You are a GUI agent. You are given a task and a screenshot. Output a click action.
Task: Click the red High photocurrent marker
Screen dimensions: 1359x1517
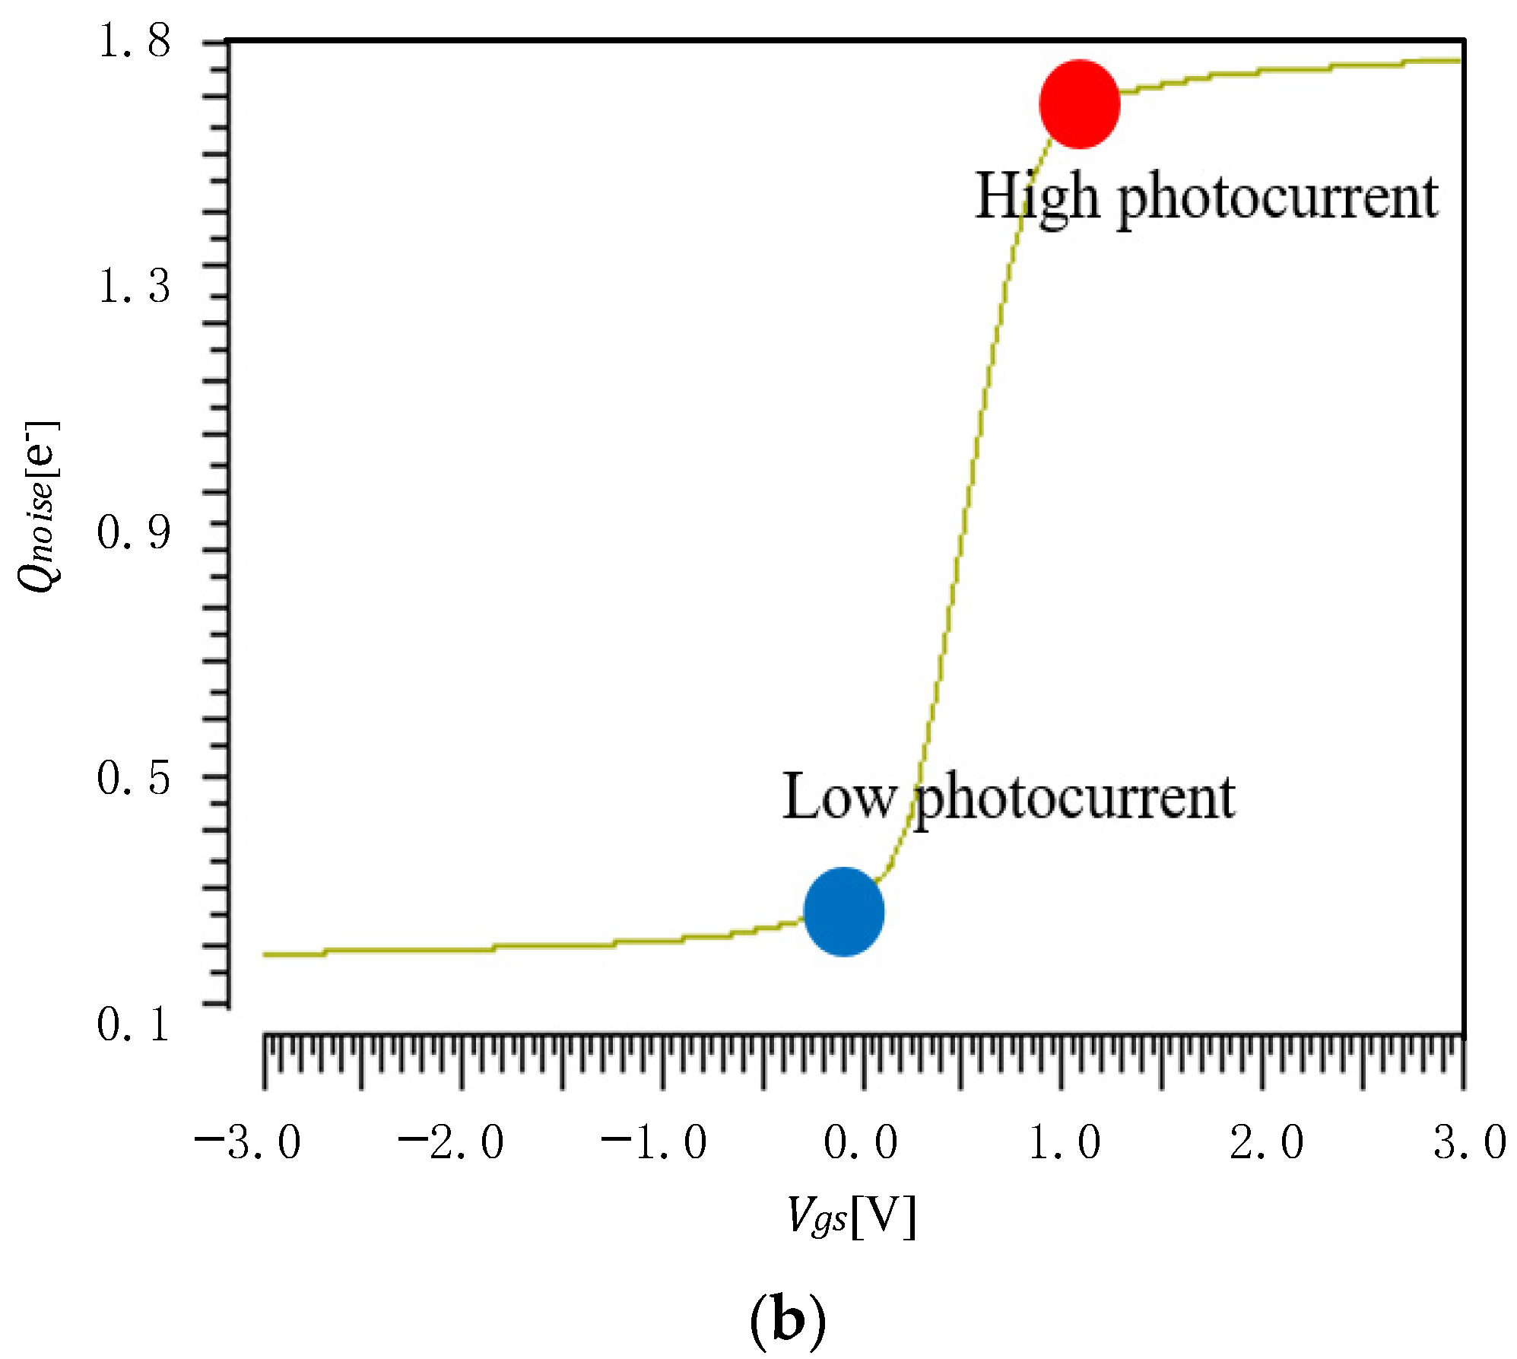click(1079, 104)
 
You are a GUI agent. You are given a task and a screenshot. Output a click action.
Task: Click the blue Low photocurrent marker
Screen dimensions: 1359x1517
click(843, 911)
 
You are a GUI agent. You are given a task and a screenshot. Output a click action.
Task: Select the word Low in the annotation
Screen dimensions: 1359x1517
click(838, 797)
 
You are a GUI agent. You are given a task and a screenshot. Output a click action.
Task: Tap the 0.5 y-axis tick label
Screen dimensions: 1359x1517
click(134, 777)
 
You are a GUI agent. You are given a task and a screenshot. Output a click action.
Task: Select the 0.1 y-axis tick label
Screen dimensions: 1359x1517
click(134, 1024)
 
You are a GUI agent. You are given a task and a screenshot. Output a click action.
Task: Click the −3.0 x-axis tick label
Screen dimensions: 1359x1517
click(248, 1142)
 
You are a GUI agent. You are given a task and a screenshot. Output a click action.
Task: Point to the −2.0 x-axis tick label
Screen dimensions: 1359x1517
click(451, 1142)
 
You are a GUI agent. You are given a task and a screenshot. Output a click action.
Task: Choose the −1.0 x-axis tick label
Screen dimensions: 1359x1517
click(654, 1142)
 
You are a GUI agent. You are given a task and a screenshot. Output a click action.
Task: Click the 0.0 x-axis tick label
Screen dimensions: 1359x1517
click(861, 1142)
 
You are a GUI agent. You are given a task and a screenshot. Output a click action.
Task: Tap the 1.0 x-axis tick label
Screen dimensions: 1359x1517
click(1065, 1142)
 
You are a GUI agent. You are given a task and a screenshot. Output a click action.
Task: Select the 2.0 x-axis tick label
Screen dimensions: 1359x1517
click(1267, 1142)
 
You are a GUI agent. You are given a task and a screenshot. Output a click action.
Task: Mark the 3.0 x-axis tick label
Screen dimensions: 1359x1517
click(1470, 1142)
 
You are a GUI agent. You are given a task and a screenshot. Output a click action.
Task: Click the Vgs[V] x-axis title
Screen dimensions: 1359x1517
click(852, 1218)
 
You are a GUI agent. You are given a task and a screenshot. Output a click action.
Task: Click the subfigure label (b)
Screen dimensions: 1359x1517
click(787, 1322)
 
